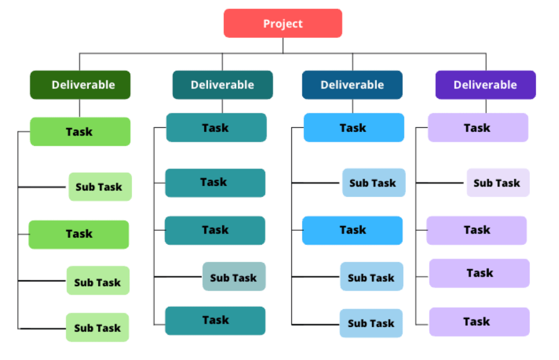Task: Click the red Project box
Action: click(283, 23)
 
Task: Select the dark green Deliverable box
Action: click(80, 85)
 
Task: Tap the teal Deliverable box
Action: click(222, 85)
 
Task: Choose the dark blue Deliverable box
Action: click(352, 85)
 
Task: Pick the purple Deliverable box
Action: click(486, 85)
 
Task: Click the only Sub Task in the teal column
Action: click(234, 277)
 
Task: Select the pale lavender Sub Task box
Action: click(498, 183)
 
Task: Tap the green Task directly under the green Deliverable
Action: click(80, 132)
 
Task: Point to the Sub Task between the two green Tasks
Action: click(100, 187)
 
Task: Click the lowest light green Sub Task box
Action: click(97, 327)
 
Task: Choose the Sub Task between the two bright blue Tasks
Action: click(374, 183)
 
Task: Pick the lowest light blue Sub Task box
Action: click(371, 323)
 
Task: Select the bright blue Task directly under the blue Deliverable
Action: click(354, 127)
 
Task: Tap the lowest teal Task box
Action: click(215, 321)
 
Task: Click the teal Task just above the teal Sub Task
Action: click(215, 230)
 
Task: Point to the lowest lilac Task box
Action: click(480, 322)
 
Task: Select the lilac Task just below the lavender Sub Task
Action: click(477, 230)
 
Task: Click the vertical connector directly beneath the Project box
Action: click(283, 46)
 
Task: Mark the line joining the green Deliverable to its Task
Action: click(79, 108)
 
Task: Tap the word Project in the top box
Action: click(283, 24)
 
